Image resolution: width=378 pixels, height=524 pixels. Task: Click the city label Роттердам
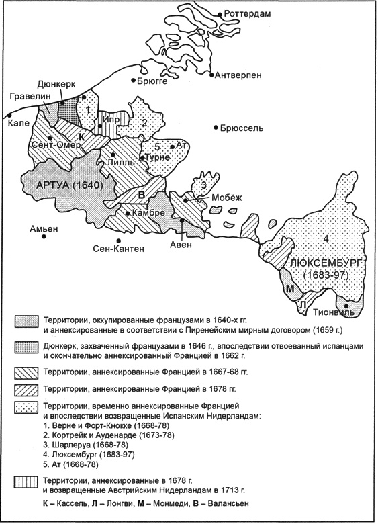251,14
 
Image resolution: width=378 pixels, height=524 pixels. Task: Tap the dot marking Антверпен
210,73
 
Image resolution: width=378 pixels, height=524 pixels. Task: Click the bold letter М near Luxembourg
289,288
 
